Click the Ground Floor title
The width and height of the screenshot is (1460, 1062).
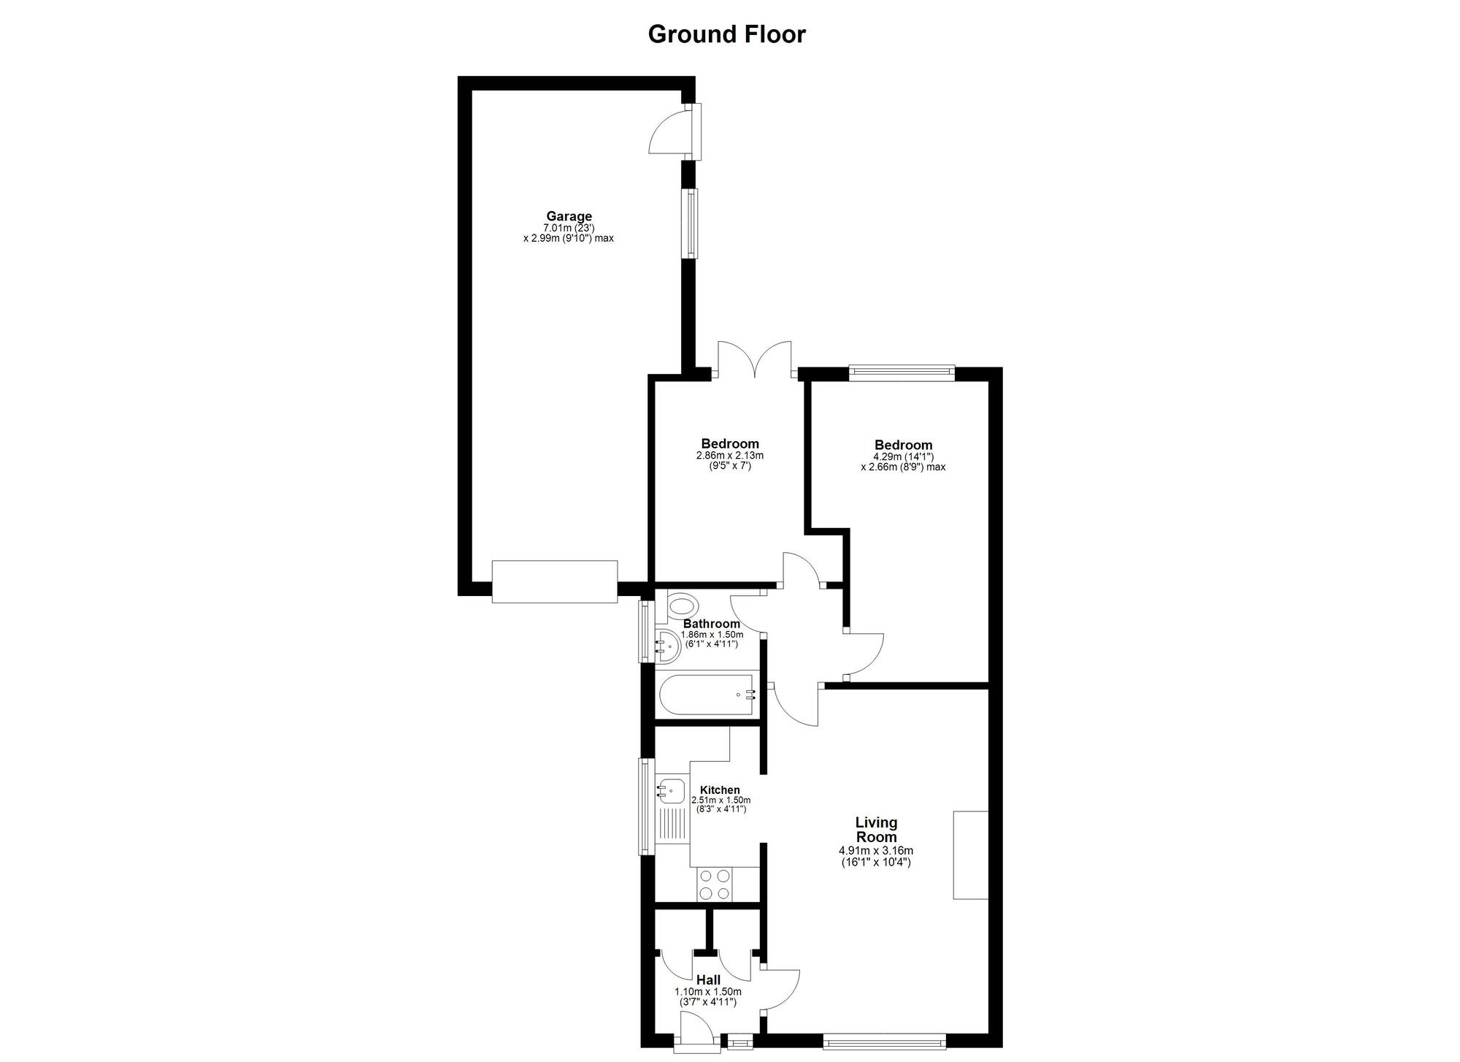[x=726, y=34]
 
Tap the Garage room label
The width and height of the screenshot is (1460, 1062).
[x=569, y=216]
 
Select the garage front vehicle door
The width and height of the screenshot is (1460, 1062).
[x=554, y=581]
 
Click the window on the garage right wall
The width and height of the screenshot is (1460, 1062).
[x=690, y=224]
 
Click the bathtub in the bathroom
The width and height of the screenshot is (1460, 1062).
[x=707, y=695]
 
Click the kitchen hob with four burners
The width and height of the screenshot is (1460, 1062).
[x=714, y=884]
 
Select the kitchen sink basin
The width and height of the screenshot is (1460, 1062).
[x=671, y=790]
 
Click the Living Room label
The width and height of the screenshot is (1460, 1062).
[x=876, y=830]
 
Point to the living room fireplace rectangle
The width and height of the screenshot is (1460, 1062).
[x=970, y=855]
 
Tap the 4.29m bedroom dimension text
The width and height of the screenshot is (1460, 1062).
[x=903, y=456]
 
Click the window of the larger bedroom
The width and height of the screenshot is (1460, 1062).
[x=902, y=373]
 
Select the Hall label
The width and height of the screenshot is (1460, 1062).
[x=708, y=980]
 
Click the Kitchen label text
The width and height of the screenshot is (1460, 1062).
[x=720, y=790]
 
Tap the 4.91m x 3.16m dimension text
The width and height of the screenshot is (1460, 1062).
[x=876, y=851]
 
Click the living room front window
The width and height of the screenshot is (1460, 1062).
[x=884, y=1042]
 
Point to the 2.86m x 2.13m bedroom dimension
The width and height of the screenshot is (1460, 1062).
[x=729, y=455]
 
